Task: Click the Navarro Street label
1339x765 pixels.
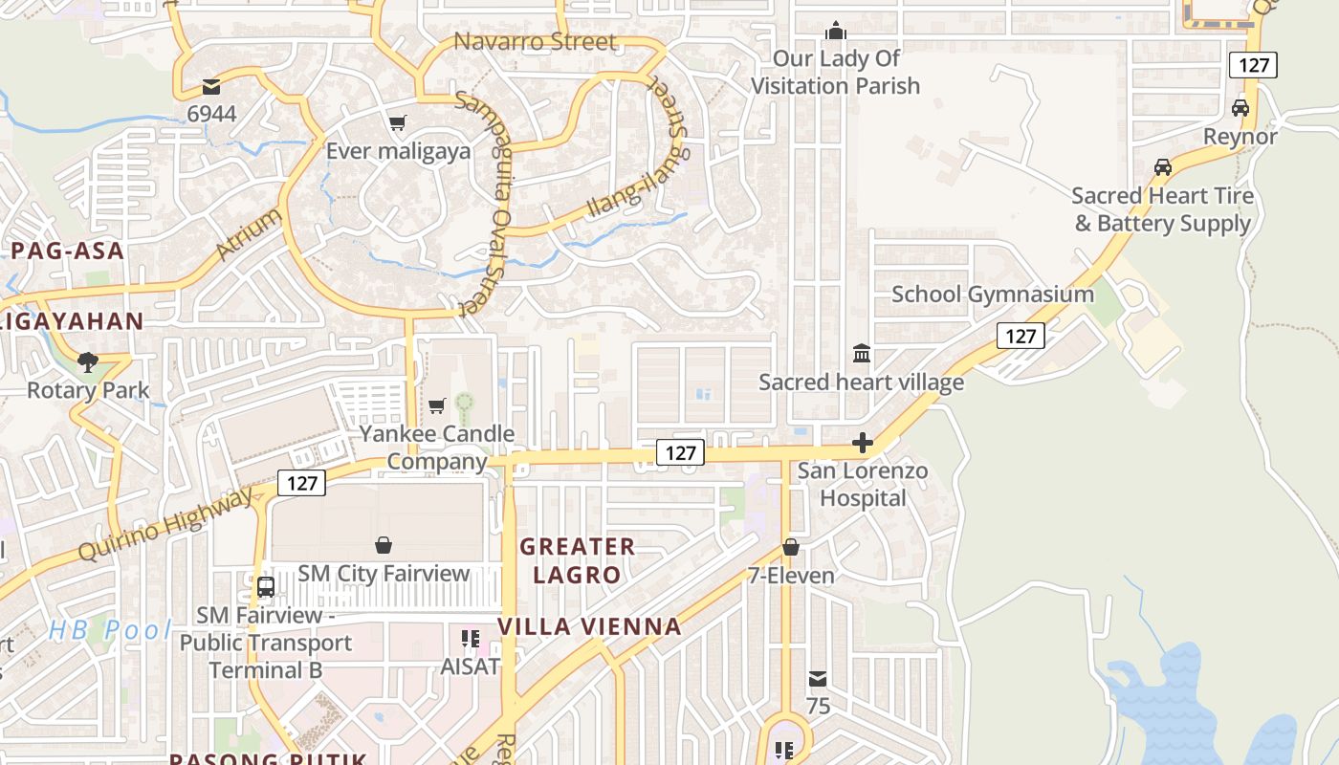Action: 535,42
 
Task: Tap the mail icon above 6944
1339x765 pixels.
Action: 211,87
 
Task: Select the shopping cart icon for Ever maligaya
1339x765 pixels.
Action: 397,122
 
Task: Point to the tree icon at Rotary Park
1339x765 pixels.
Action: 88,361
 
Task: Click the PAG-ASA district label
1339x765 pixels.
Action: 68,251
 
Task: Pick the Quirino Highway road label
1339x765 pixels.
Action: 166,523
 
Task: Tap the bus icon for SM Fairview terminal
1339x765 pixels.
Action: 266,586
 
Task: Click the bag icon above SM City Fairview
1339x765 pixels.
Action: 384,545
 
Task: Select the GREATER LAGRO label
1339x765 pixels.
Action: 577,560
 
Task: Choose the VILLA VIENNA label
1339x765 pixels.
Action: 589,626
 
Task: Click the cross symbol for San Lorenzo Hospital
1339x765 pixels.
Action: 863,443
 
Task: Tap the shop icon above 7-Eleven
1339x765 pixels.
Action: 791,547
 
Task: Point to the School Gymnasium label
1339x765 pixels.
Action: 993,294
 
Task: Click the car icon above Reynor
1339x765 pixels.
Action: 1240,108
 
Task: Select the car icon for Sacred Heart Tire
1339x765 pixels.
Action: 1163,167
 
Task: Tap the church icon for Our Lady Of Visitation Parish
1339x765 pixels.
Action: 836,31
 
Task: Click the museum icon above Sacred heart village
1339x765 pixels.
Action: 862,354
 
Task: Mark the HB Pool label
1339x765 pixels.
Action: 110,630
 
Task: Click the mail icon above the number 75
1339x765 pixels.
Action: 818,679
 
